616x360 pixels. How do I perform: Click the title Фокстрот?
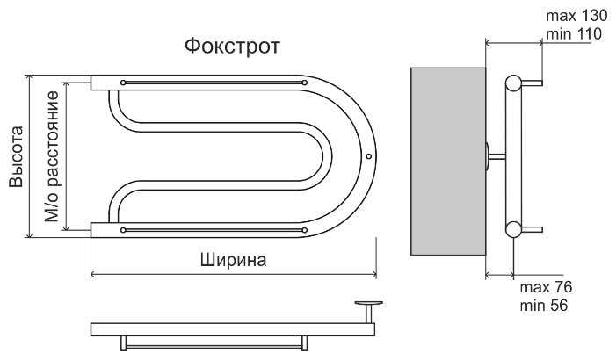232,47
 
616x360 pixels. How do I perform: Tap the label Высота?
17,156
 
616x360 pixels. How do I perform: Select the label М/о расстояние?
52,156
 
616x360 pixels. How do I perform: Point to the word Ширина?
234,260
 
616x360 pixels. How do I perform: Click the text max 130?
576,16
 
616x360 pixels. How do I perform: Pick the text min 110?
574,33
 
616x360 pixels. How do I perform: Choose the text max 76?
546,287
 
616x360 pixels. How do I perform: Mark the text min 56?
544,306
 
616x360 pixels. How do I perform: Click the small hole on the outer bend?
368,156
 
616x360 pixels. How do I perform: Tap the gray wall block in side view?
448,162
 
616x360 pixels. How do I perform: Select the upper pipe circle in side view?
513,83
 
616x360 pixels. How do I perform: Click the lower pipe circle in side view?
513,230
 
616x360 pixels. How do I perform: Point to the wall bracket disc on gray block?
488,156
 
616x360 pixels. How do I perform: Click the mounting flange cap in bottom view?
368,303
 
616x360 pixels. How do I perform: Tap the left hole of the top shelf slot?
123,83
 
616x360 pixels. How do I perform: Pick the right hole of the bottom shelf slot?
304,230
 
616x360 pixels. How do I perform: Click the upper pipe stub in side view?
532,83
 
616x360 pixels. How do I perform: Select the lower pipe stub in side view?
532,230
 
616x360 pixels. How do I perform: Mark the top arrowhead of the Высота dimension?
29,78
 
